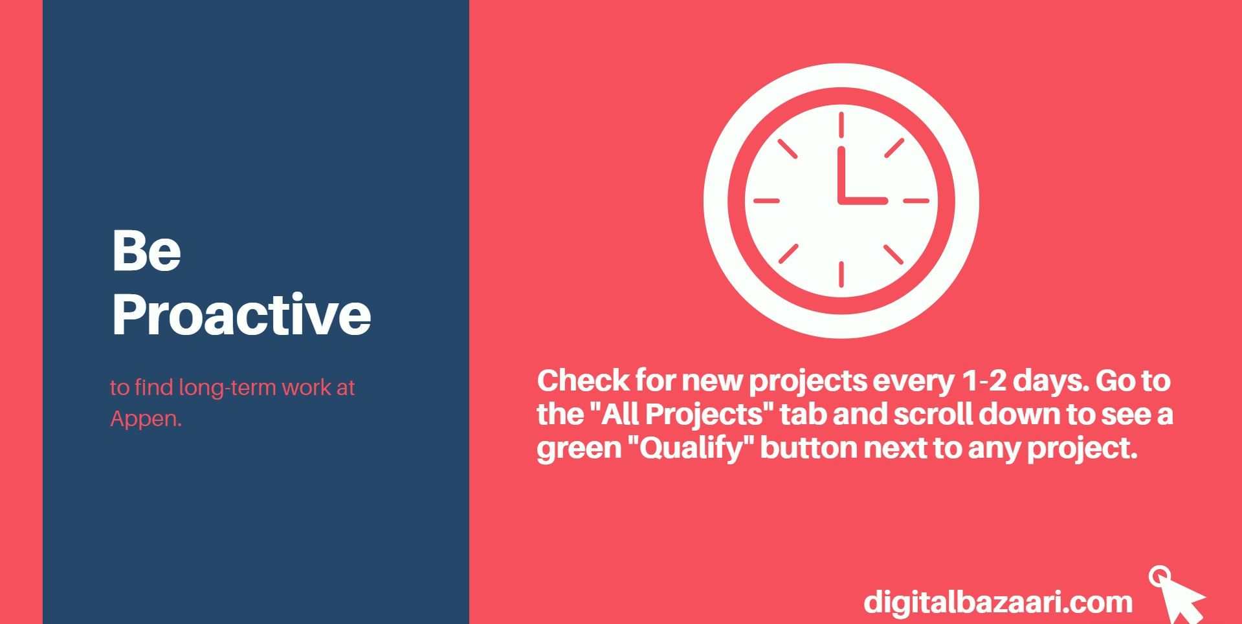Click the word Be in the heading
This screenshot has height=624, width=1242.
tap(146, 250)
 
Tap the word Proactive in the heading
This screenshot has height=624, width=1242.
tap(242, 314)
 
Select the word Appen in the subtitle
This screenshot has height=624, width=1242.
tap(146, 419)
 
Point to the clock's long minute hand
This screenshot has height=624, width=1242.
tap(841, 174)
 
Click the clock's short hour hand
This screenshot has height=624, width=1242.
tap(863, 200)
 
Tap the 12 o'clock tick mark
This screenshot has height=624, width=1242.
tap(841, 125)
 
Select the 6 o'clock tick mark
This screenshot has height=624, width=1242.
tap(841, 274)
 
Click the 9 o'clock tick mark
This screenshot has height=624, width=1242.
tap(767, 200)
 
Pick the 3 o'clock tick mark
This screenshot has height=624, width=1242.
tap(916, 200)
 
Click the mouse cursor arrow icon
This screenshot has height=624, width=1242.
tap(1176, 595)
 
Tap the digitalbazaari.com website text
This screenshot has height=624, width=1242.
tap(998, 602)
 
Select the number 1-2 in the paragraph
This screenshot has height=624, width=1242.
tap(984, 381)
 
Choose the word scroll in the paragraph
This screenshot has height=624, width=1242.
tap(933, 414)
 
